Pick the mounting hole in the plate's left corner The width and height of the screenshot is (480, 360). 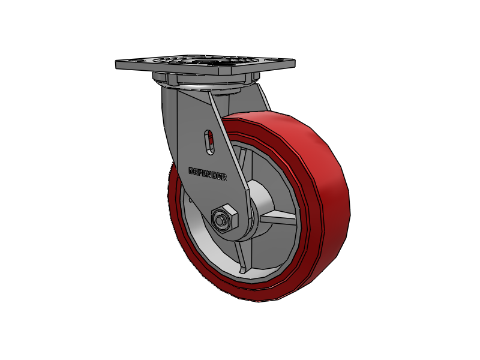(x=133, y=61)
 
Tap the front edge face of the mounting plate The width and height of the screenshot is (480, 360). (x=198, y=71)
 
